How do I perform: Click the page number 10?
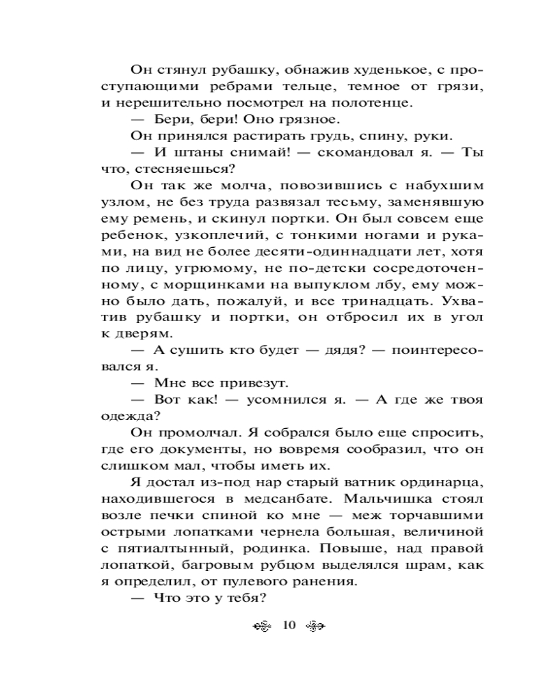(287, 625)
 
